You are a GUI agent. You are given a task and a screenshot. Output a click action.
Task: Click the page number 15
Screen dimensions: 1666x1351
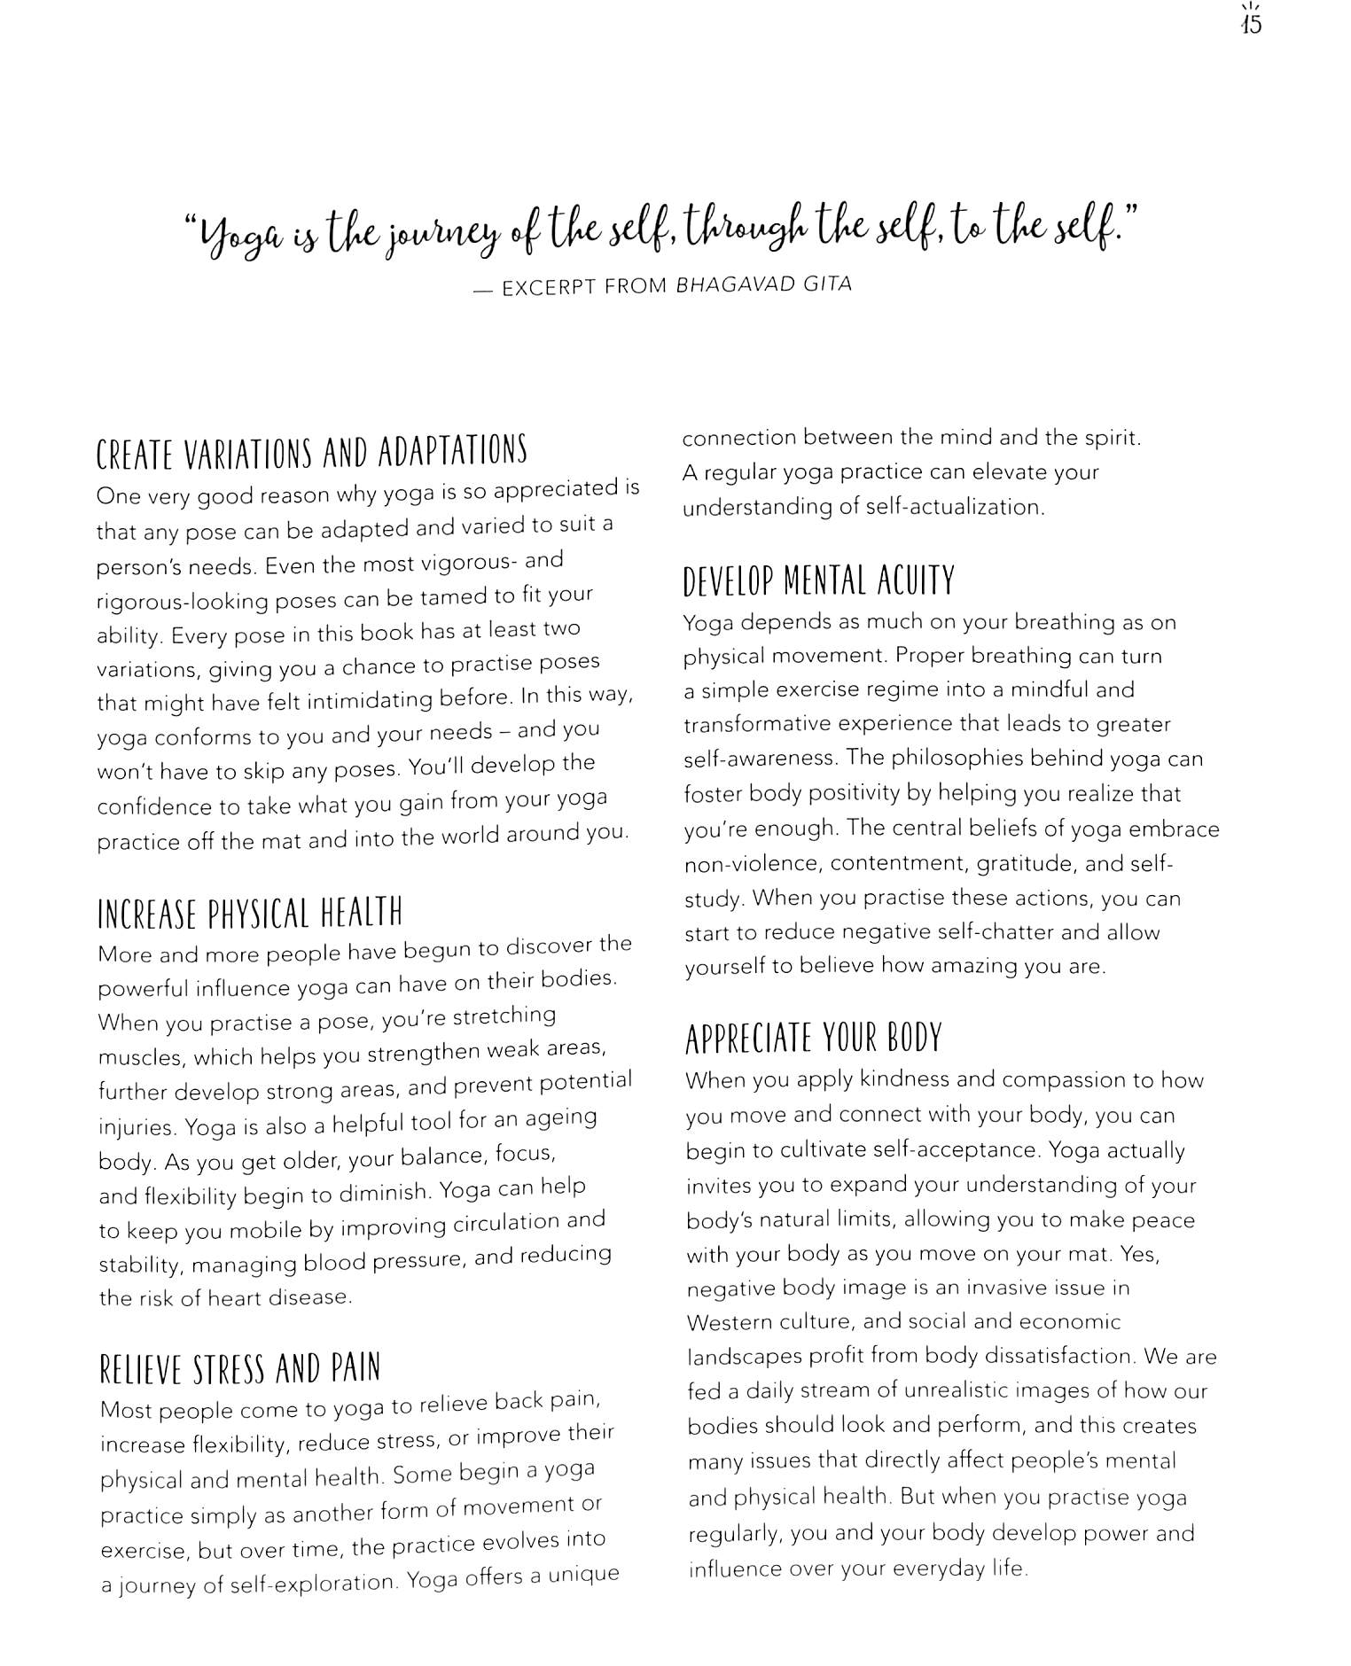[1251, 24]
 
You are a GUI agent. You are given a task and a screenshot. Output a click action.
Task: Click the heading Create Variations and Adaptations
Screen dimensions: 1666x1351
[311, 452]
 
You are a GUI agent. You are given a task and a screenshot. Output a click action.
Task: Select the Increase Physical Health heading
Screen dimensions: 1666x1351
[250, 913]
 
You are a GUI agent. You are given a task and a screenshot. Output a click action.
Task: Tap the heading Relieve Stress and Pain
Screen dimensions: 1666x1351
[240, 1368]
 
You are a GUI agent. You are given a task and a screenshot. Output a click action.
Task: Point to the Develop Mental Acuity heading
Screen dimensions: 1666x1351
[818, 581]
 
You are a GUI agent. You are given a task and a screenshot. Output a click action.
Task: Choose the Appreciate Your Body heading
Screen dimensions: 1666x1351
[813, 1038]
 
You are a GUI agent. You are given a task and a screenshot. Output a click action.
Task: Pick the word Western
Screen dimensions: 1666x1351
[727, 1323]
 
